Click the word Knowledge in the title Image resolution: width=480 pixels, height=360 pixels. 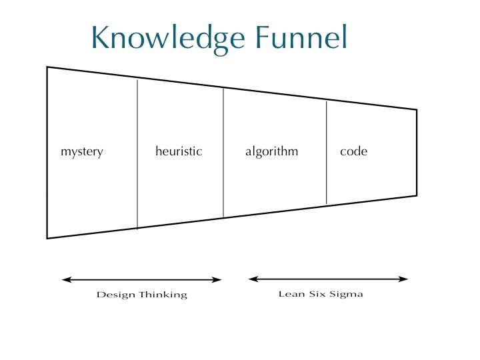point(168,39)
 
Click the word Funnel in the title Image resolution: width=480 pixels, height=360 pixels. point(301,37)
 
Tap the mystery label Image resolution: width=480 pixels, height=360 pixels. point(82,152)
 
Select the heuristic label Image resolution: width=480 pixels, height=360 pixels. point(179,151)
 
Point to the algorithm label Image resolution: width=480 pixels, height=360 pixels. point(271,151)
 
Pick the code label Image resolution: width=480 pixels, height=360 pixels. point(353,151)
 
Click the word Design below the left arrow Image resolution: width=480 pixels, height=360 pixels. point(116,295)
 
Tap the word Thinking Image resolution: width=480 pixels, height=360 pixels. point(163,295)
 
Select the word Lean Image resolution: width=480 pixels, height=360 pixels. point(292,294)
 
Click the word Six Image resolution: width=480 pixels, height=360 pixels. point(318,294)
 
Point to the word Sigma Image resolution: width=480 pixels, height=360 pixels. point(347,295)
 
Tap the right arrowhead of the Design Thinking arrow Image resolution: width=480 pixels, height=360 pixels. point(217,279)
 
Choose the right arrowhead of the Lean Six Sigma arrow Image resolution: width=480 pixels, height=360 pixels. point(403,279)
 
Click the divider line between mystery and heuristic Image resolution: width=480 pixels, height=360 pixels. point(137,154)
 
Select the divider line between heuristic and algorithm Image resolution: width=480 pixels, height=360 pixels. point(223,153)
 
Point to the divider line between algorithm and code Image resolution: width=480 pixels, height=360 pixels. point(326,153)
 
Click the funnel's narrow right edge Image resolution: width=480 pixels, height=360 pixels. point(417,153)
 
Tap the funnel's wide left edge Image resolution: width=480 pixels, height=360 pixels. point(47,153)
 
